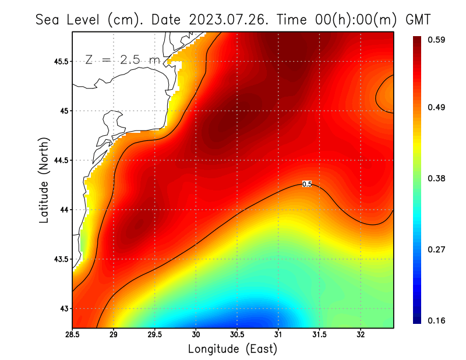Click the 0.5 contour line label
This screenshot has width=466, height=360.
[307, 184]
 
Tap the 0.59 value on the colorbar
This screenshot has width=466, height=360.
[437, 40]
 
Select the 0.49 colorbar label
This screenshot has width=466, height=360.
[437, 108]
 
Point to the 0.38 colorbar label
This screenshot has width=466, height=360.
[437, 178]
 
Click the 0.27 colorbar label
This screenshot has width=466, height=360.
[437, 249]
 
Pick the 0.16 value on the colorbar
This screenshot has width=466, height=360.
[437, 320]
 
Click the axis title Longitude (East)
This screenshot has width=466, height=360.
[232, 349]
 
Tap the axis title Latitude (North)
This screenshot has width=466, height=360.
[44, 180]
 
